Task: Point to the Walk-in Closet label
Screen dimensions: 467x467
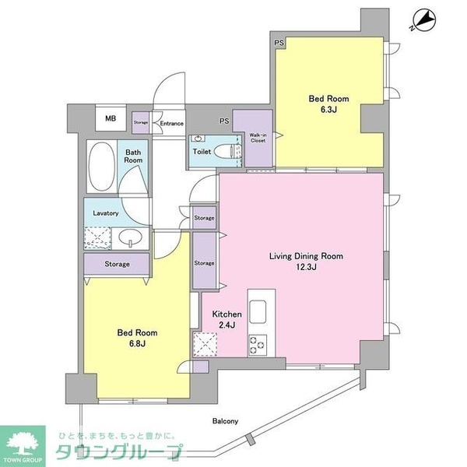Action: (258, 139)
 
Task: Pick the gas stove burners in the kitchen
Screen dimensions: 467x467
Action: (258, 342)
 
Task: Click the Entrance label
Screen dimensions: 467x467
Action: (170, 123)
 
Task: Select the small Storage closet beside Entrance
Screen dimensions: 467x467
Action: (140, 122)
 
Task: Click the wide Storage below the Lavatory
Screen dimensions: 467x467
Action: (117, 264)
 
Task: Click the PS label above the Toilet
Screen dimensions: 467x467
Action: (223, 121)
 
